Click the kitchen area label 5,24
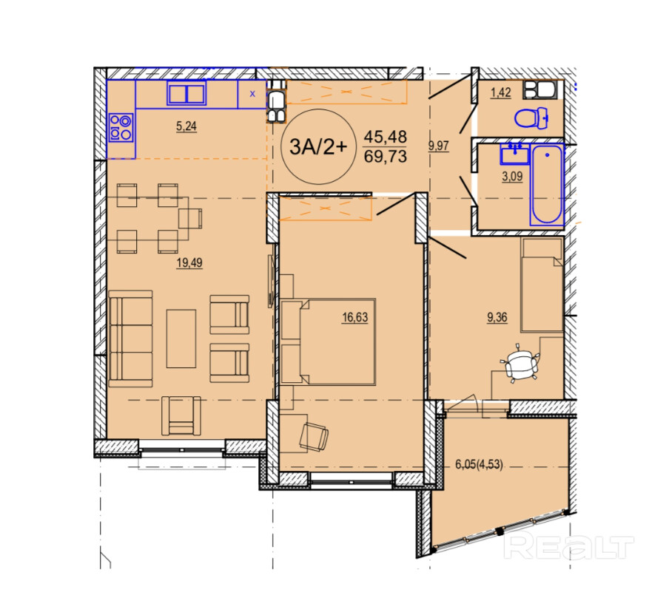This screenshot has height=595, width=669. point(186,126)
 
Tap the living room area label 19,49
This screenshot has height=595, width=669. point(189,262)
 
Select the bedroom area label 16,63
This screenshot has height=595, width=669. point(355,317)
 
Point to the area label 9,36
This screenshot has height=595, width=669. point(497,317)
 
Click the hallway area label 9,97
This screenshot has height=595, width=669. point(439,146)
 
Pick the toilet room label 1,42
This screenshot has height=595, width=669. point(501,92)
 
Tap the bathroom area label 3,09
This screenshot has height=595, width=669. point(512,176)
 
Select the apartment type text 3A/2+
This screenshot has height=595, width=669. point(318,146)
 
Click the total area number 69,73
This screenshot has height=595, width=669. point(386,157)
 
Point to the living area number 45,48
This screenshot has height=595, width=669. point(386,137)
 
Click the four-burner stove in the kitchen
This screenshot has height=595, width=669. point(121,128)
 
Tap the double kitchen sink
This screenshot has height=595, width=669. point(186,93)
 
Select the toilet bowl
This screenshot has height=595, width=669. point(531,118)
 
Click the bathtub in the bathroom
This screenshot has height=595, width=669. point(547,185)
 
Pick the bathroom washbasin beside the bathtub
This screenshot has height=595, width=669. point(515,154)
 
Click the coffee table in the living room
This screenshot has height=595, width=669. point(181,339)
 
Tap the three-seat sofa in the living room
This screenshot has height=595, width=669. point(130,339)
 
